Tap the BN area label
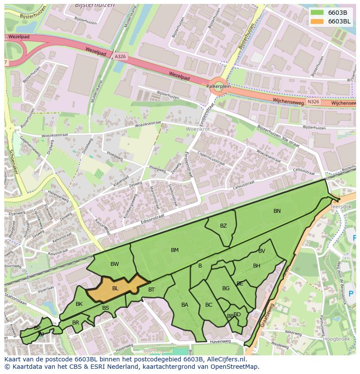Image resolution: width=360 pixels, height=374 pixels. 277,211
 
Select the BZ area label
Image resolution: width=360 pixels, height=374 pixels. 223,226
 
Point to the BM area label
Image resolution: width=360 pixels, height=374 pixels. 175,250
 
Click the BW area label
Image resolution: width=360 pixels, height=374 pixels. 115,264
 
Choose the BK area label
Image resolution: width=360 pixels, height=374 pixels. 79,304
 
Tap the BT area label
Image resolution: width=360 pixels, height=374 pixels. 151,290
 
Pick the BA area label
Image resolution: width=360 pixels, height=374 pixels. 185,305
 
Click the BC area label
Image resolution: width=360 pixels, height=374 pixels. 209,305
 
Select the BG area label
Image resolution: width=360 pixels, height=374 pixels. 226,288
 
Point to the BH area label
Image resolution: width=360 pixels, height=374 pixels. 257,266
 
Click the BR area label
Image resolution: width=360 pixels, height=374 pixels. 76,323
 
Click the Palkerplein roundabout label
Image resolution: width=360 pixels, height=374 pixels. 218,86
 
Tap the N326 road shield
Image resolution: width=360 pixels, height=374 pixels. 313,102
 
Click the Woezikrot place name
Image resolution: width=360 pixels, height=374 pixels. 197,129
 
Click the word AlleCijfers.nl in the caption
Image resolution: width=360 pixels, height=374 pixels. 225,360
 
